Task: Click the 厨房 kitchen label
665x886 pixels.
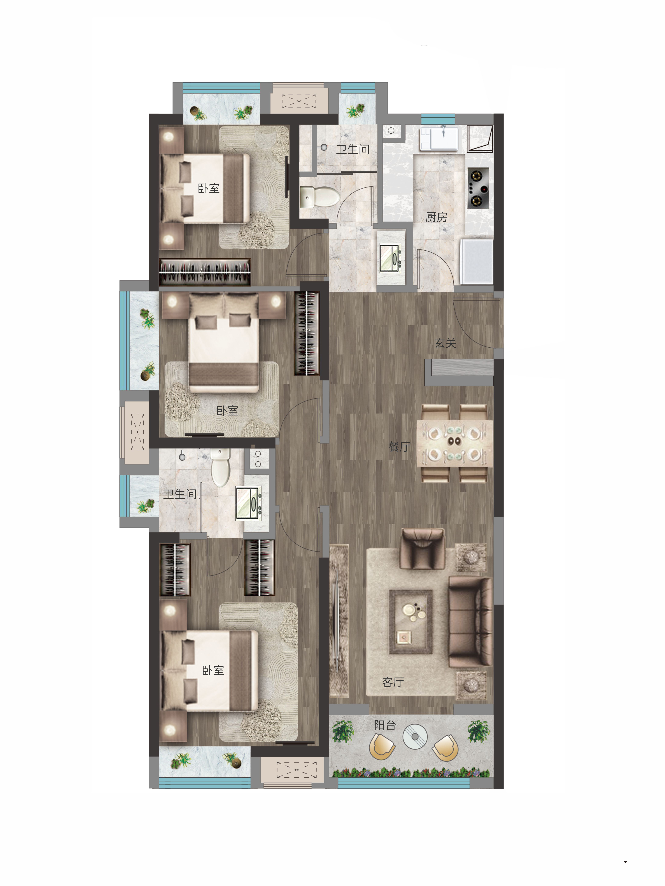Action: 436,217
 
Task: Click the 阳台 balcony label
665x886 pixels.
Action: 385,725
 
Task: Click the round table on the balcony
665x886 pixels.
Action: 415,736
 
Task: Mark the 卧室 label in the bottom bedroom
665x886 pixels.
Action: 213,670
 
